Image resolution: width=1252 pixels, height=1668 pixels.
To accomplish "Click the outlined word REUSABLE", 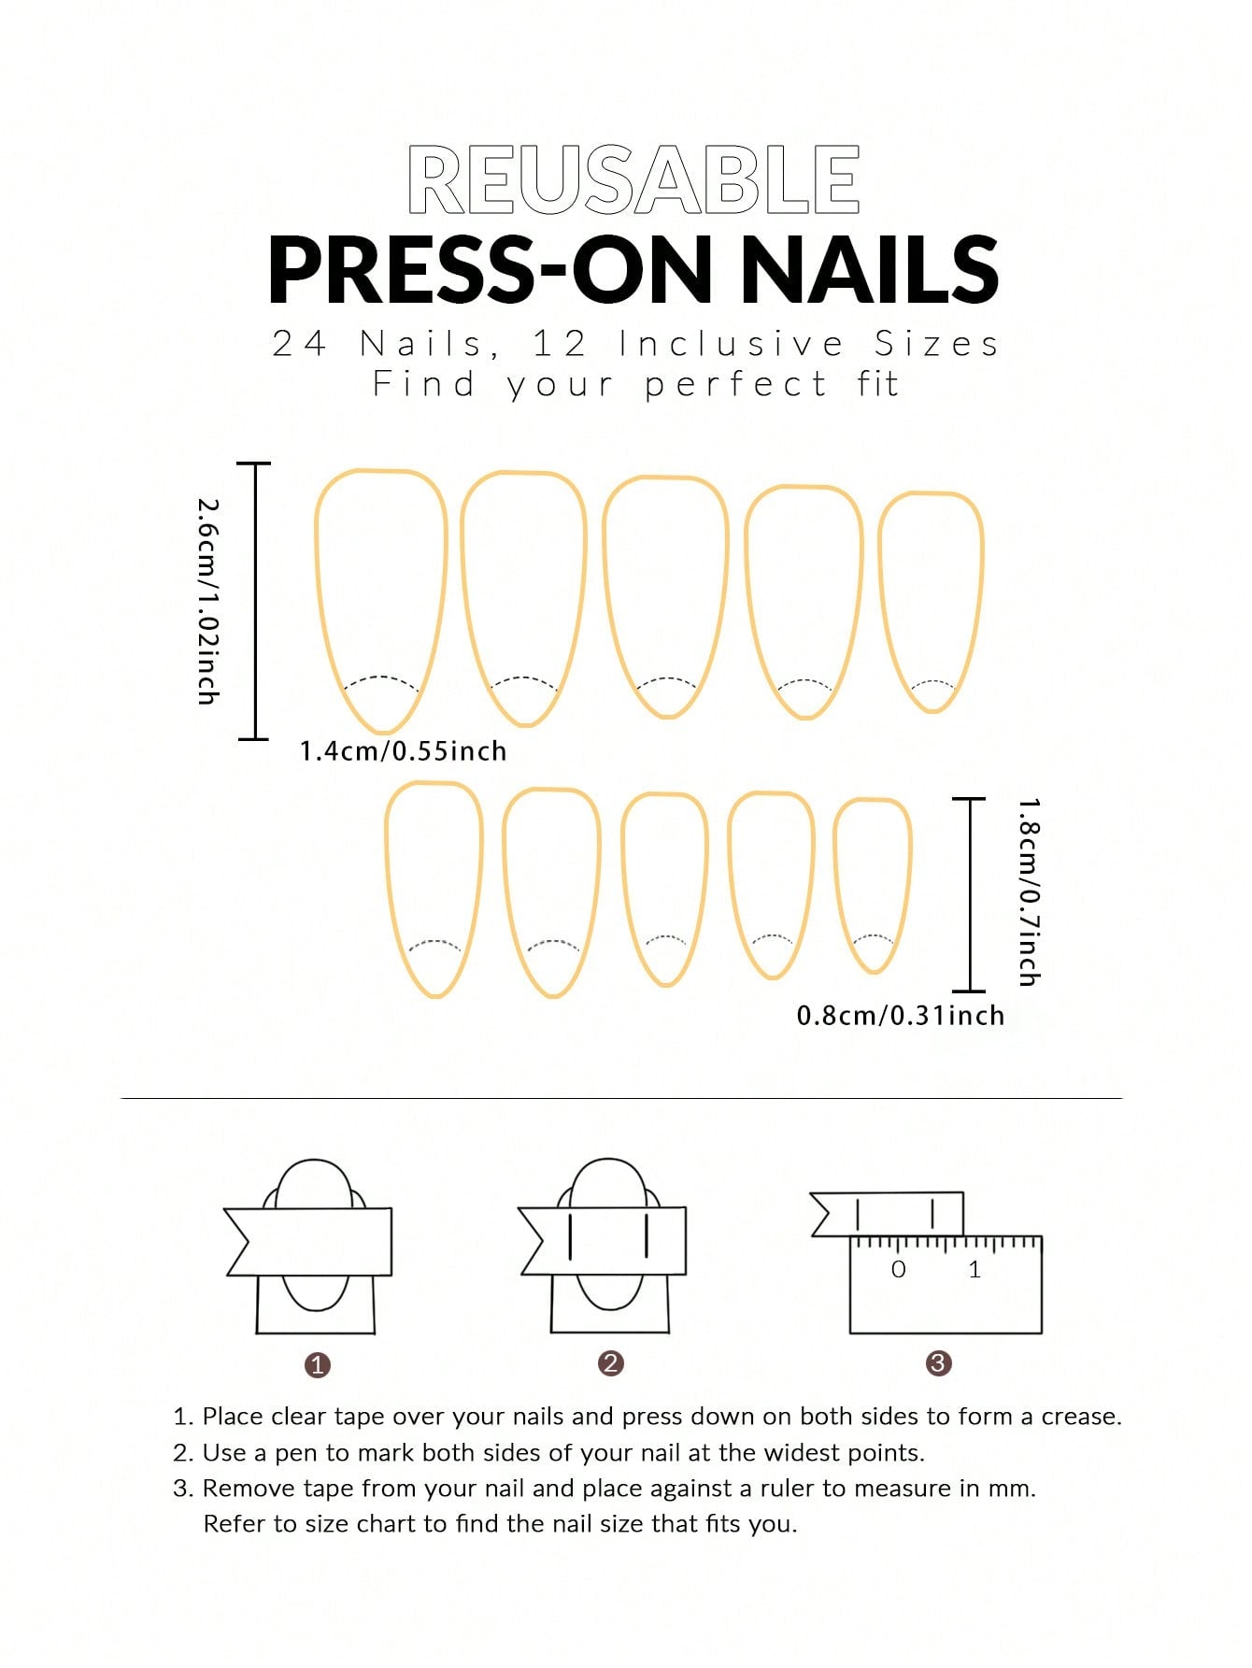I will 633,180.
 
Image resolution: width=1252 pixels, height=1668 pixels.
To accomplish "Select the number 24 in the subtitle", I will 299,345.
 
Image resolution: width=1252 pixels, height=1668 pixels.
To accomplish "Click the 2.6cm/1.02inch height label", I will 208,601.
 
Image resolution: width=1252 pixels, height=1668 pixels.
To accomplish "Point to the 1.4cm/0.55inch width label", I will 403,751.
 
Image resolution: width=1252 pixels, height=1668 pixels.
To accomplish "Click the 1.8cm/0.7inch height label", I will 1028,892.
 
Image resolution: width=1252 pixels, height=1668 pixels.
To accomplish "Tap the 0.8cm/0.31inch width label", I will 900,1016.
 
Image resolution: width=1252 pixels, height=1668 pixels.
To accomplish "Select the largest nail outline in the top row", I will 381,599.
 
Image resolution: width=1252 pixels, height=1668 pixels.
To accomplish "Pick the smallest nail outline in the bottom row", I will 873,884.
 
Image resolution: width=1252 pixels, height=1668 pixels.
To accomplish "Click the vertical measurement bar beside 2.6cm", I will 254,601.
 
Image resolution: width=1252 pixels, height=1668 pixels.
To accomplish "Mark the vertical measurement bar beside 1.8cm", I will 970,894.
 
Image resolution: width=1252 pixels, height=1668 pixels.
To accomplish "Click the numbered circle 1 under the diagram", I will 318,1365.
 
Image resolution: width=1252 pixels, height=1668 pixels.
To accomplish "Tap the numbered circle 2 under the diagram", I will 610,1363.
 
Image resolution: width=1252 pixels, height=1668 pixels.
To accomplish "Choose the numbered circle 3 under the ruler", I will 938,1363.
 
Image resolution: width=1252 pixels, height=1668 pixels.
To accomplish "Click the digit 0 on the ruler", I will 898,1270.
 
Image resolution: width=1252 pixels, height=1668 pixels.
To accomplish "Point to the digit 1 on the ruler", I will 975,1270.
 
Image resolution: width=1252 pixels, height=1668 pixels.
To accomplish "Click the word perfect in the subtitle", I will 735,385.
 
